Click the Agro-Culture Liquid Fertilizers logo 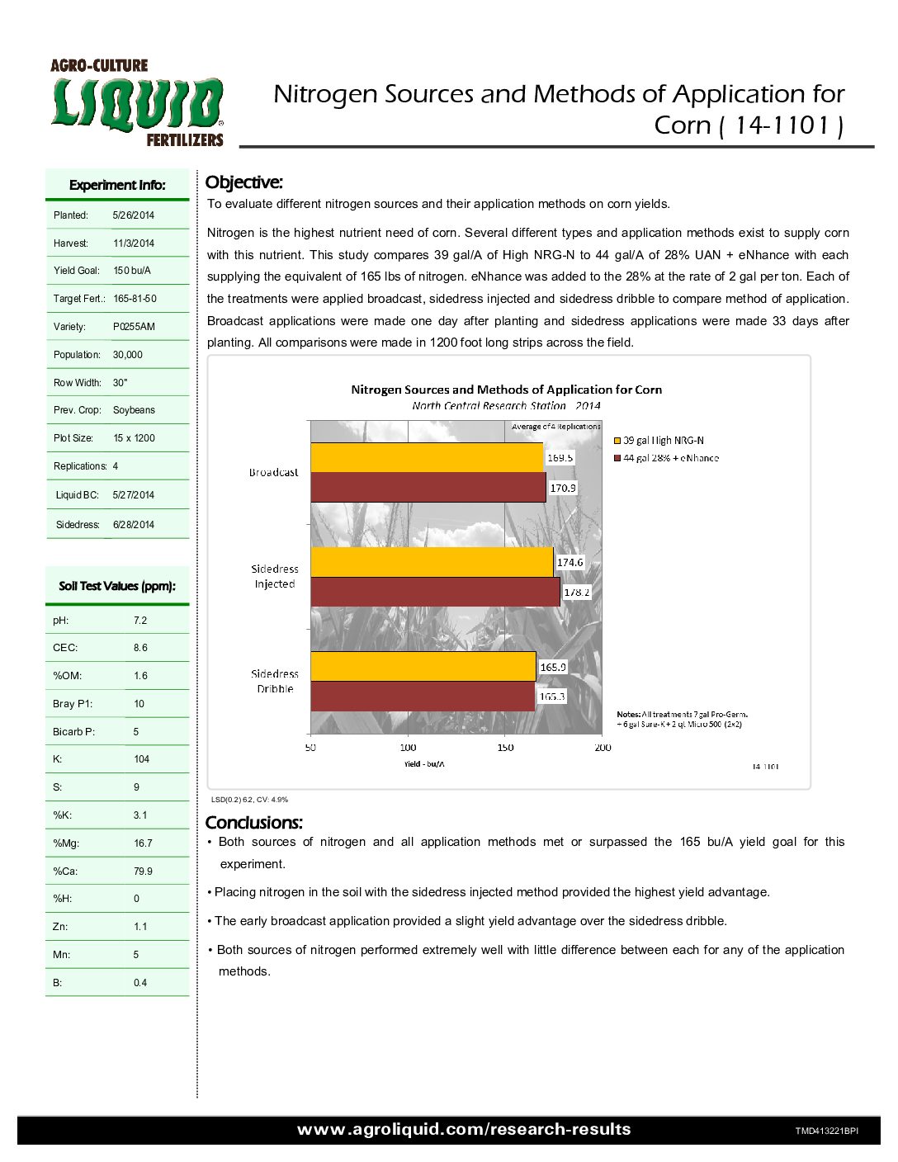tap(137, 103)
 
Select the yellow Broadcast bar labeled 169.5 tap(427, 457)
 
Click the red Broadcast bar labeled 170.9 tap(428, 487)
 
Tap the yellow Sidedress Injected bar tap(432, 562)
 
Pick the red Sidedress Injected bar tap(435, 592)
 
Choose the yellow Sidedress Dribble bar tap(423, 667)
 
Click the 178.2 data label tap(577, 592)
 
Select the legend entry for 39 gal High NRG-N tap(663, 441)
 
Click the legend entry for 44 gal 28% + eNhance tap(670, 458)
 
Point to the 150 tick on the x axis tap(505, 748)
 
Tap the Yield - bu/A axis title tap(424, 764)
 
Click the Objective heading tap(243, 182)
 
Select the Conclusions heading tap(253, 823)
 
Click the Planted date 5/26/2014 tap(134, 215)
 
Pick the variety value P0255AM tap(134, 327)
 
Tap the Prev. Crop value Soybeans tap(134, 410)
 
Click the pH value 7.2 tap(140, 621)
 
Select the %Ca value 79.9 tap(143, 871)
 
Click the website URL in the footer tap(464, 1130)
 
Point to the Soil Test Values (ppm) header tap(117, 586)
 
